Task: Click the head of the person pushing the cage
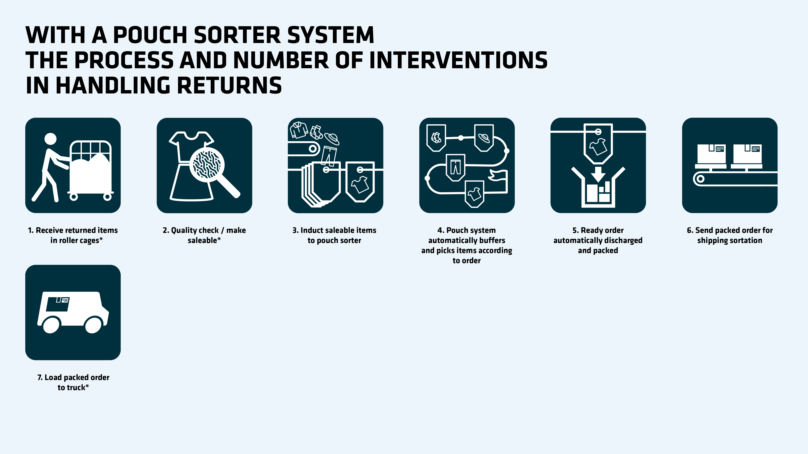[50, 139]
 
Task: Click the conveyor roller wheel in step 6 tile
[700, 179]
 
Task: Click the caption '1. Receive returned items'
[73, 230]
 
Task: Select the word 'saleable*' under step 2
[204, 240]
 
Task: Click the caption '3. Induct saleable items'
[334, 230]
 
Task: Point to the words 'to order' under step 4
[466, 260]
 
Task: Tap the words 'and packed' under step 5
[598, 250]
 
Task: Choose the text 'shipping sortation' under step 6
[730, 240]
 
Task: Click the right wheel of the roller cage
[107, 197]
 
